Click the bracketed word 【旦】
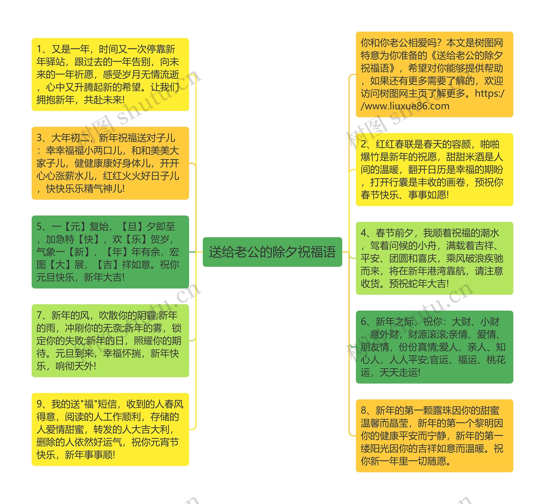(x=132, y=227)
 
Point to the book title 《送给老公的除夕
(x=466, y=55)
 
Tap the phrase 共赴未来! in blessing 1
(x=104, y=100)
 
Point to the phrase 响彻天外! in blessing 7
(x=76, y=366)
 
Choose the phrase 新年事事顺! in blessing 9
(x=90, y=455)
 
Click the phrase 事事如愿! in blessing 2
(x=428, y=195)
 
